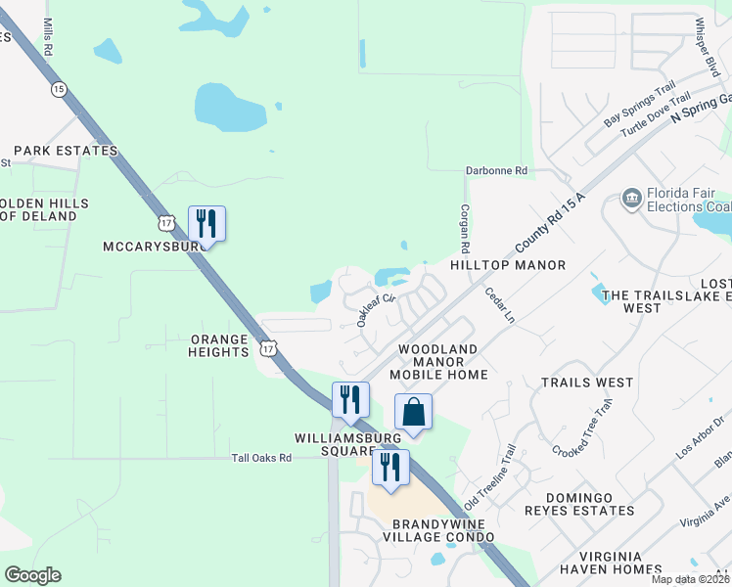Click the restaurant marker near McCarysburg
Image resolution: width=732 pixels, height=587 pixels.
point(206,223)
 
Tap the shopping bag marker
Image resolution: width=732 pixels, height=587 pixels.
point(413,412)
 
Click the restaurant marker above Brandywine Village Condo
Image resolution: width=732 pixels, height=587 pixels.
point(390,467)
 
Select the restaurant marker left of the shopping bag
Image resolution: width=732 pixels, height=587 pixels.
point(350,399)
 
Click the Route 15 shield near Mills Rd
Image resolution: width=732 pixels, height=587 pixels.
point(61,89)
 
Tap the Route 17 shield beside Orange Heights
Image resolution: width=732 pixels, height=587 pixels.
point(269,347)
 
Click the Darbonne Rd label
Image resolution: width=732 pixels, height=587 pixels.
point(496,170)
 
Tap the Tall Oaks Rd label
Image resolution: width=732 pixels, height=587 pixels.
point(261,457)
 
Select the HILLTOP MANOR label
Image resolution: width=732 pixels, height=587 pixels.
point(508,265)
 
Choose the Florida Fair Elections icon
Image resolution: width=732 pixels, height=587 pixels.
point(631,201)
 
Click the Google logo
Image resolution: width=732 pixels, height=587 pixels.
point(32,575)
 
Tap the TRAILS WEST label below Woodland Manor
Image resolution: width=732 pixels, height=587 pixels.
point(587,383)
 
